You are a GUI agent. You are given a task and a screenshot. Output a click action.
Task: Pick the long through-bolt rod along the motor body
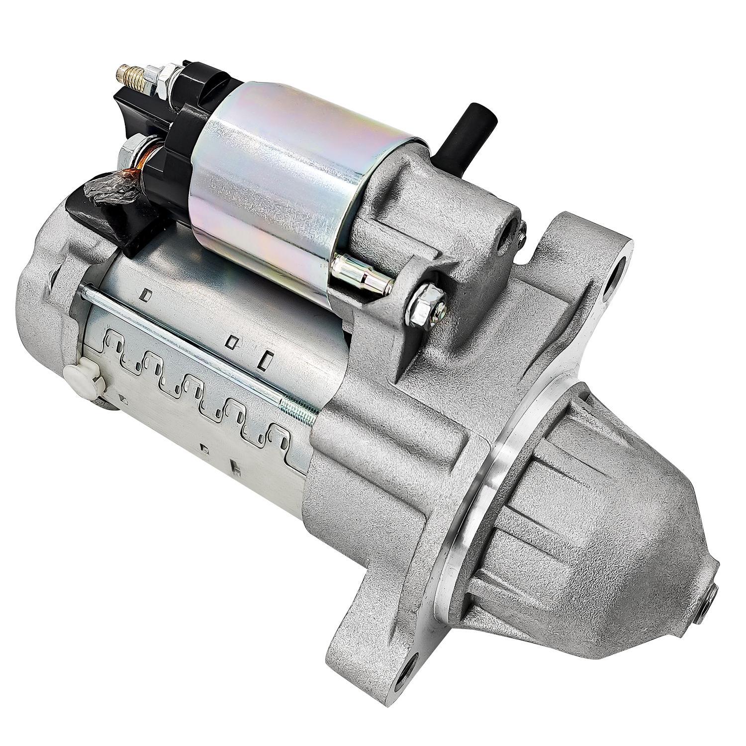[199, 348]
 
